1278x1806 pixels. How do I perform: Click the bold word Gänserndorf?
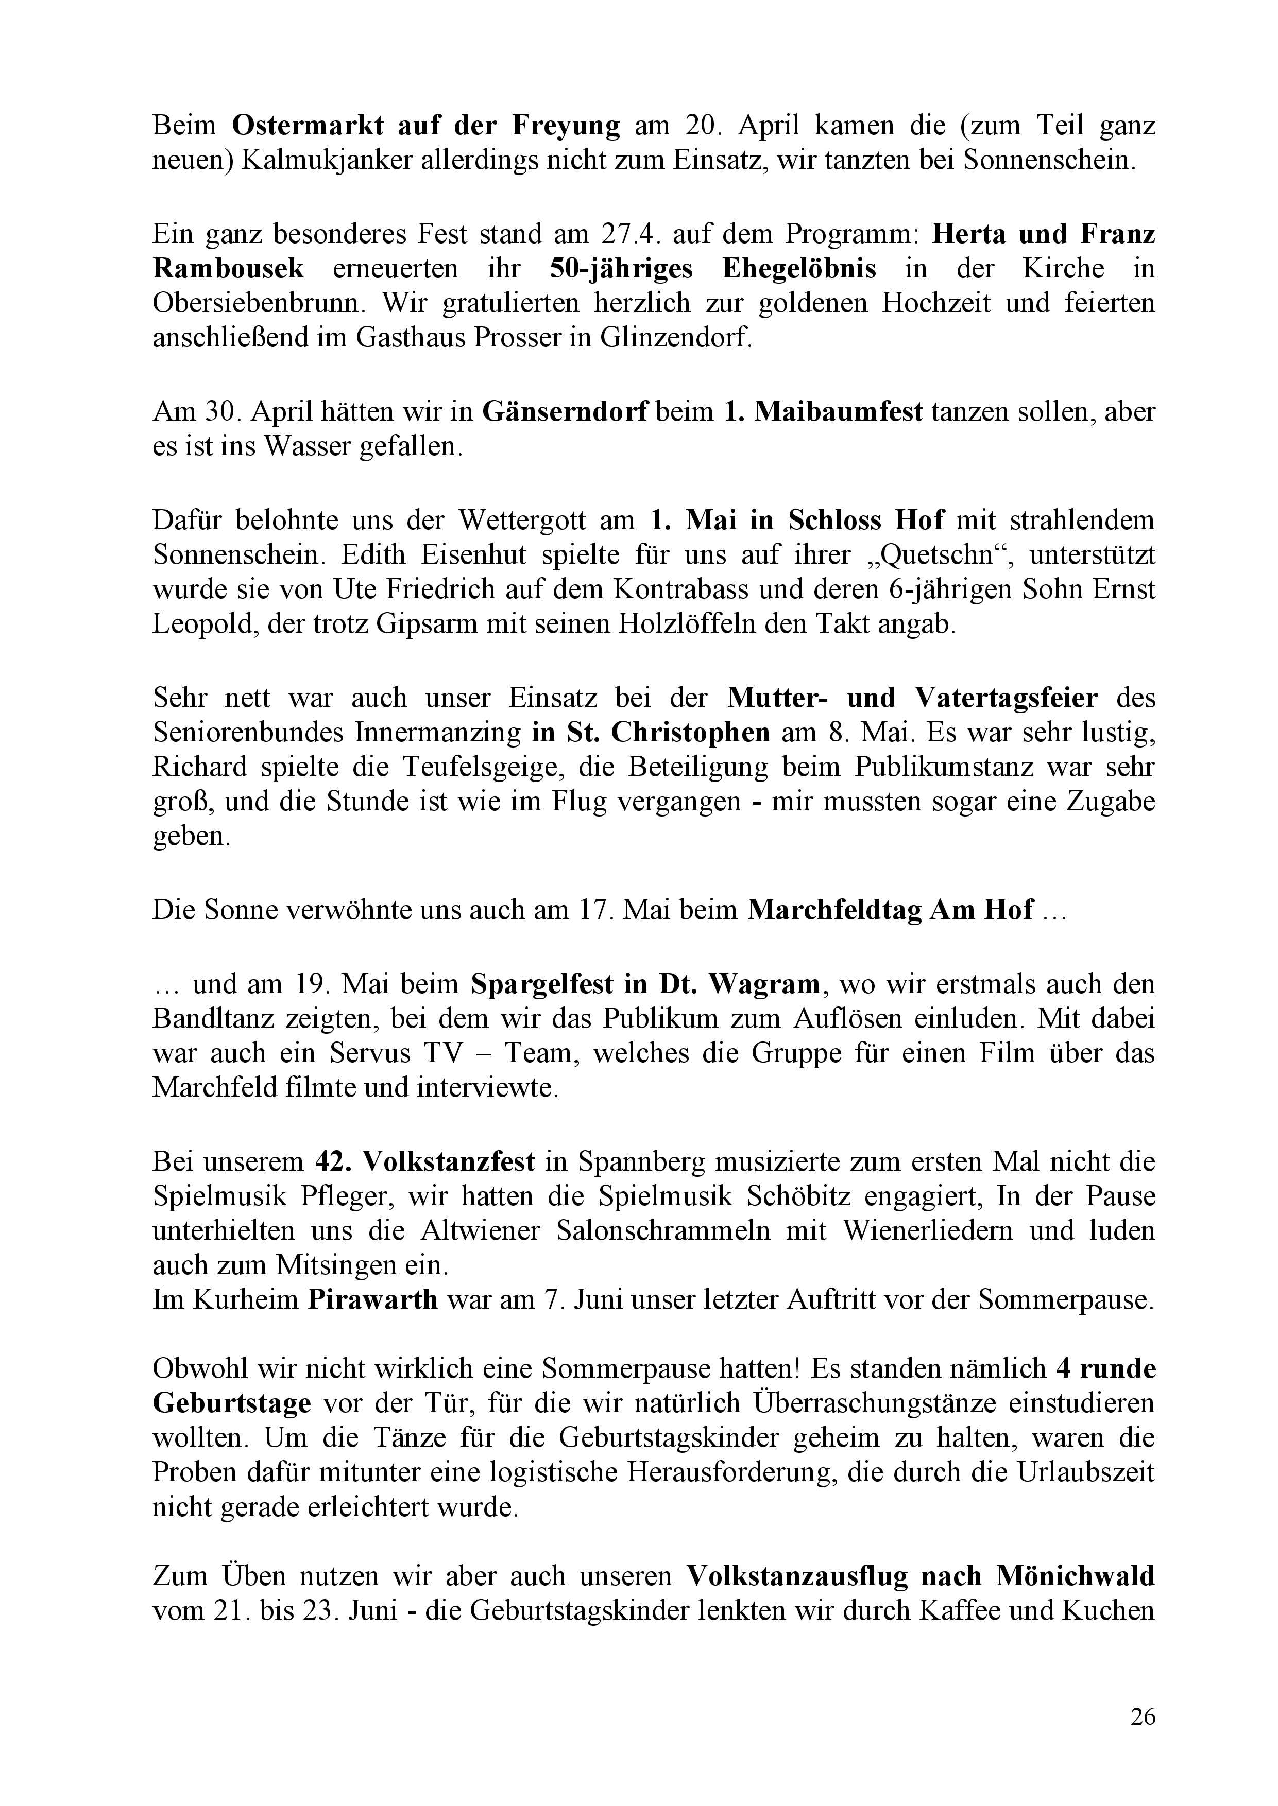point(564,411)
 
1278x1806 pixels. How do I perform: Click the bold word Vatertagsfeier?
point(1007,698)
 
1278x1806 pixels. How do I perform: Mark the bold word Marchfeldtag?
point(833,909)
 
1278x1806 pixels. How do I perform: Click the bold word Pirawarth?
point(372,1299)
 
